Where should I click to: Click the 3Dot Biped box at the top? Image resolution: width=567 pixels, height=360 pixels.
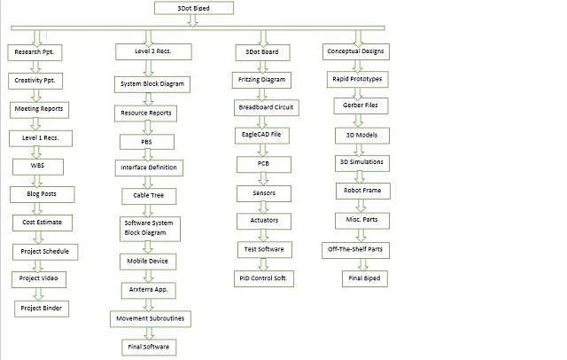194,8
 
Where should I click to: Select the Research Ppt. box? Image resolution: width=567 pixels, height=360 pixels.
35,52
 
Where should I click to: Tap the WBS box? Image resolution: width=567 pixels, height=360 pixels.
38,167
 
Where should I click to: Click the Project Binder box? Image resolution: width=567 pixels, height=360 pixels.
42,309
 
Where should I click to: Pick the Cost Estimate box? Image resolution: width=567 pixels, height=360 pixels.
43,223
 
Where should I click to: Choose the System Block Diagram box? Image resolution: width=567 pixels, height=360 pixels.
152,84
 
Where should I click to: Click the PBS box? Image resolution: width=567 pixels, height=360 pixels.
147,142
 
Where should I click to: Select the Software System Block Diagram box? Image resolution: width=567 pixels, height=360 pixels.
150,229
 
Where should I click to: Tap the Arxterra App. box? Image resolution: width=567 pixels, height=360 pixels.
149,291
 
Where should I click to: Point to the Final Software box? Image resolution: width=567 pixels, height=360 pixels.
149,348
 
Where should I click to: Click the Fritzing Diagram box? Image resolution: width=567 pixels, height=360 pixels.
261,80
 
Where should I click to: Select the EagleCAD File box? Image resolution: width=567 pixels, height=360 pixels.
262,136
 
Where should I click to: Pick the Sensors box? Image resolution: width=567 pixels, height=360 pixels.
264,193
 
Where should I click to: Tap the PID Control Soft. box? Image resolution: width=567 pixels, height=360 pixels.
264,278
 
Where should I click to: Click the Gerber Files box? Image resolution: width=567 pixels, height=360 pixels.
361,106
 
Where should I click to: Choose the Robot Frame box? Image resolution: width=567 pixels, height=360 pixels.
363,191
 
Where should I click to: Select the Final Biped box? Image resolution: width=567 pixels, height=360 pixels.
365,278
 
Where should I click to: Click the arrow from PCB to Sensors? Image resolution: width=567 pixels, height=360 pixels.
264,179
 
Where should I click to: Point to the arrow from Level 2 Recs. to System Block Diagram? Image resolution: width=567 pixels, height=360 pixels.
149,68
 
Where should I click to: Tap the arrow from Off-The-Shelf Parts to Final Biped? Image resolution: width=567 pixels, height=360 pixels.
363,264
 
